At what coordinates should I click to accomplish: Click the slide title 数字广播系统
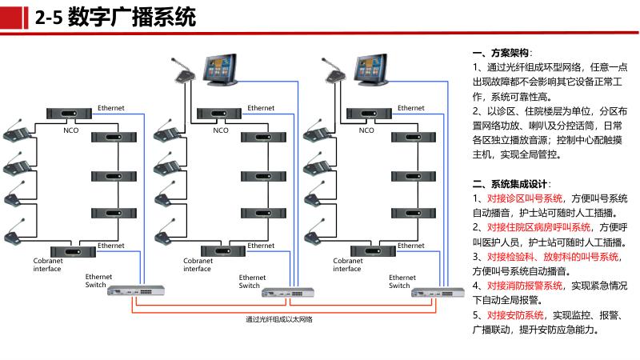(132, 17)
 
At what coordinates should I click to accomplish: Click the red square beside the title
(11, 18)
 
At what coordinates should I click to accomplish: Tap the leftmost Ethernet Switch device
(136, 290)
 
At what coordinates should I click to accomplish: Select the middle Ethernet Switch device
(288, 292)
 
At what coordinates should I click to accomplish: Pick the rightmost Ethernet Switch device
(438, 292)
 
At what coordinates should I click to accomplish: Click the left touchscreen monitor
(221, 70)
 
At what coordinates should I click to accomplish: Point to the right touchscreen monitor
(371, 70)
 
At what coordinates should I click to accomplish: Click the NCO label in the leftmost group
(70, 130)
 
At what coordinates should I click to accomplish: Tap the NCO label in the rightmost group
(366, 130)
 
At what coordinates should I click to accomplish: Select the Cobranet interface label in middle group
(198, 265)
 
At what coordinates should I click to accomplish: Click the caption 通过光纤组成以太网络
(279, 319)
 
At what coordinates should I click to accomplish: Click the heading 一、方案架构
(502, 53)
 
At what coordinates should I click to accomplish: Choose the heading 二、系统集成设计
(510, 184)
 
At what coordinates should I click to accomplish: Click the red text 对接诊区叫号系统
(525, 198)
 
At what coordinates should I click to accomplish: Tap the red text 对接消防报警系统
(525, 286)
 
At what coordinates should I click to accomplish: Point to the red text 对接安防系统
(515, 315)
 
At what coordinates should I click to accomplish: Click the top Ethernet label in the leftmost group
(111, 108)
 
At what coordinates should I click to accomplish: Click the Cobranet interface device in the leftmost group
(73, 251)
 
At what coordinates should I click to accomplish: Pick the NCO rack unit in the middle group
(219, 113)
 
